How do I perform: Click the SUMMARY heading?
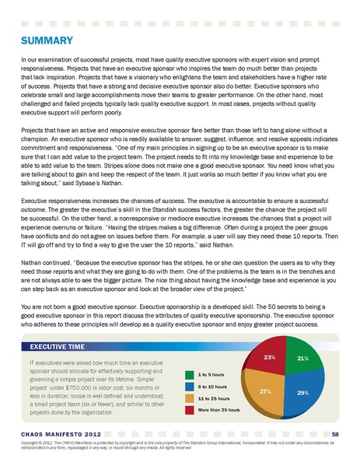tap(47, 40)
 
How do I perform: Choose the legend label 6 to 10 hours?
tap(213, 386)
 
